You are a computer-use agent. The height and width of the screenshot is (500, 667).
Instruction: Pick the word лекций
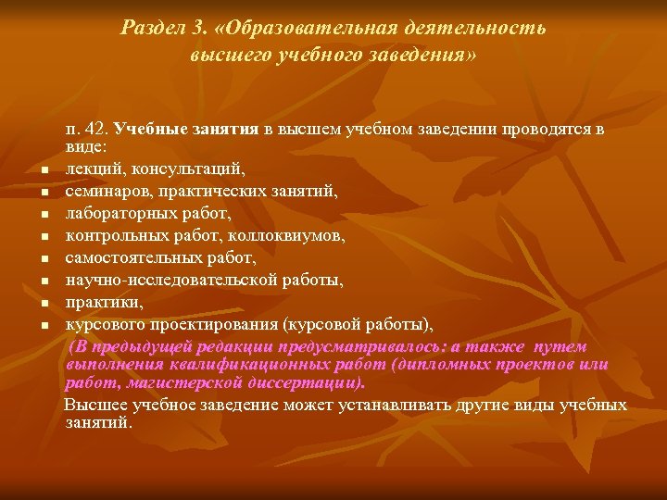point(92,169)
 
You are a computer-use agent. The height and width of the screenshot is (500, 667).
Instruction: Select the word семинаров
point(107,191)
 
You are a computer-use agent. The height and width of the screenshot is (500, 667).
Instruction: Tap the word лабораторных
point(118,213)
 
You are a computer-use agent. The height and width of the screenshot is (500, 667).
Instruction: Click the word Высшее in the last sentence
point(95,406)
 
